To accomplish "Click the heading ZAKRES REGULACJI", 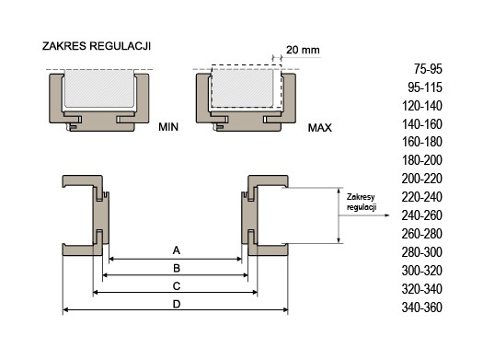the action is click(x=97, y=46).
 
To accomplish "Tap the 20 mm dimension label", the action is click(x=303, y=50).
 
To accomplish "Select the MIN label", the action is click(x=168, y=127).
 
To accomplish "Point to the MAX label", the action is click(x=320, y=128).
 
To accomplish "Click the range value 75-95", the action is click(x=428, y=69).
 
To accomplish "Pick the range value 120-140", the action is click(x=422, y=106).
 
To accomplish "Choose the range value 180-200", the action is click(x=422, y=160).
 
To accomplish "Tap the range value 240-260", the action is click(x=422, y=215).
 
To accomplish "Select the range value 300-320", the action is click(x=422, y=271).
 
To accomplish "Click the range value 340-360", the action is click(x=422, y=308).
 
